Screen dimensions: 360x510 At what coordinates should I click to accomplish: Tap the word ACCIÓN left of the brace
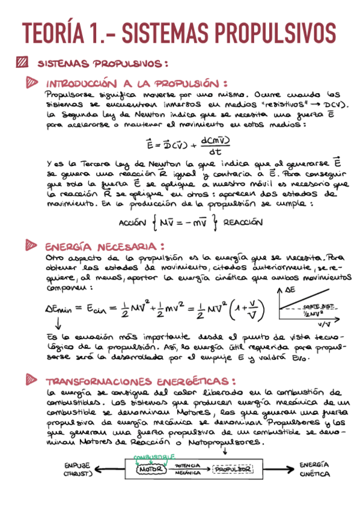(x=132, y=222)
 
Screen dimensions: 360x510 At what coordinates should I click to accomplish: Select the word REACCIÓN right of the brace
(x=243, y=222)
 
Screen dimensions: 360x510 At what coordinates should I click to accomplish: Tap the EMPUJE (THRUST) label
(x=76, y=469)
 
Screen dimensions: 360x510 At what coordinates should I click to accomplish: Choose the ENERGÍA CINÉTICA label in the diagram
(x=315, y=469)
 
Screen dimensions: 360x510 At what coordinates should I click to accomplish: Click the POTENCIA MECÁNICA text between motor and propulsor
(x=187, y=470)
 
